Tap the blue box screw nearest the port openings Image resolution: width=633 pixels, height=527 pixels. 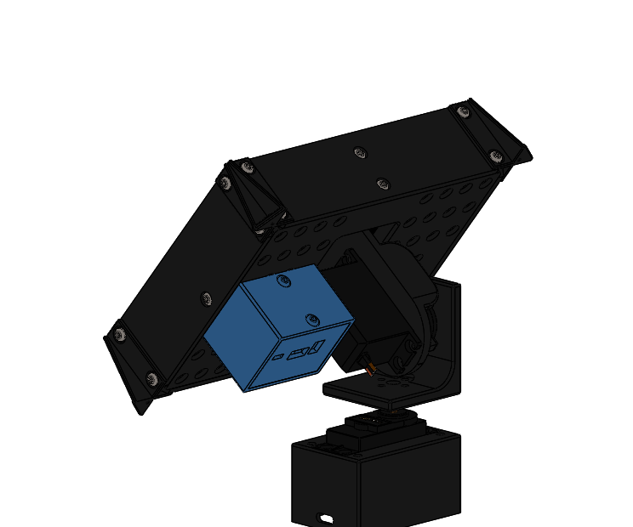(x=312, y=320)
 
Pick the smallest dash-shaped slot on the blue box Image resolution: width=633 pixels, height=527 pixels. (x=277, y=359)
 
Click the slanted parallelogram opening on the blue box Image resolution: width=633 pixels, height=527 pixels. (x=317, y=347)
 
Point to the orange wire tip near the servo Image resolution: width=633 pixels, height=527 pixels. (x=371, y=370)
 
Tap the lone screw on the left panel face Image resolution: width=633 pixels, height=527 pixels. (x=205, y=297)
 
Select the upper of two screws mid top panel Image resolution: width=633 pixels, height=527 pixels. (x=360, y=153)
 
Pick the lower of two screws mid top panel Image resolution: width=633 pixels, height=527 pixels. (x=383, y=183)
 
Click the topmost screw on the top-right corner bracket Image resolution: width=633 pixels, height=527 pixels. (x=464, y=110)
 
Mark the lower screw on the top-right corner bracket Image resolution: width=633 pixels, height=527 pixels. (x=496, y=156)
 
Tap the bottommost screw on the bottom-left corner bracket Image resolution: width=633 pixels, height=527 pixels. (x=152, y=378)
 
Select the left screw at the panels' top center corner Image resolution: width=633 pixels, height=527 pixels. (x=225, y=182)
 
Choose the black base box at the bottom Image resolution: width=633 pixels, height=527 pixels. (x=374, y=480)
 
